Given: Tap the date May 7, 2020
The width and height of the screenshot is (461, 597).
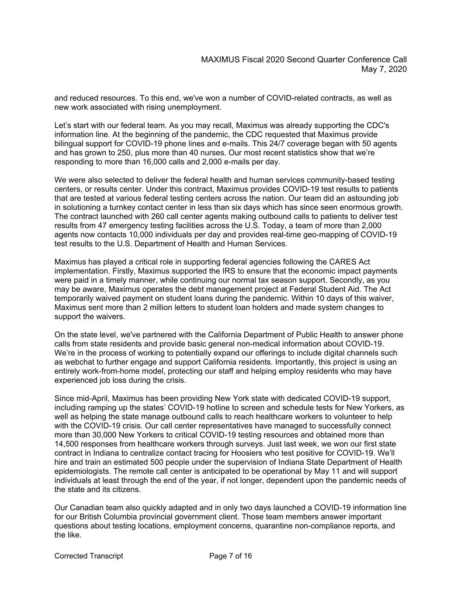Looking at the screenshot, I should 384,69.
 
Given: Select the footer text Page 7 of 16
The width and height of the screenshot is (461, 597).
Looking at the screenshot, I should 230,556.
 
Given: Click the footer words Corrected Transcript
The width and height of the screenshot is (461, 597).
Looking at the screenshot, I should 89,556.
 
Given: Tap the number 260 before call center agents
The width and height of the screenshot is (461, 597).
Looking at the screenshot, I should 157,216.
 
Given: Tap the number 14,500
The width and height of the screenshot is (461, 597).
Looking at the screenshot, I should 67,444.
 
